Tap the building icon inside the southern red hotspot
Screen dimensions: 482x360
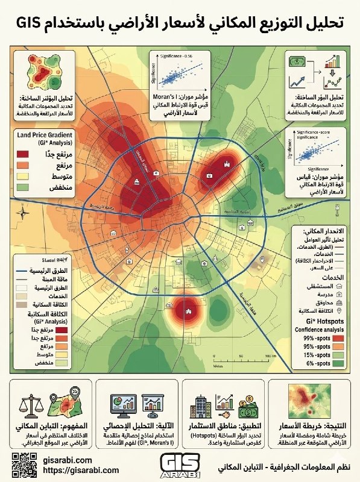[x=189, y=311]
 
